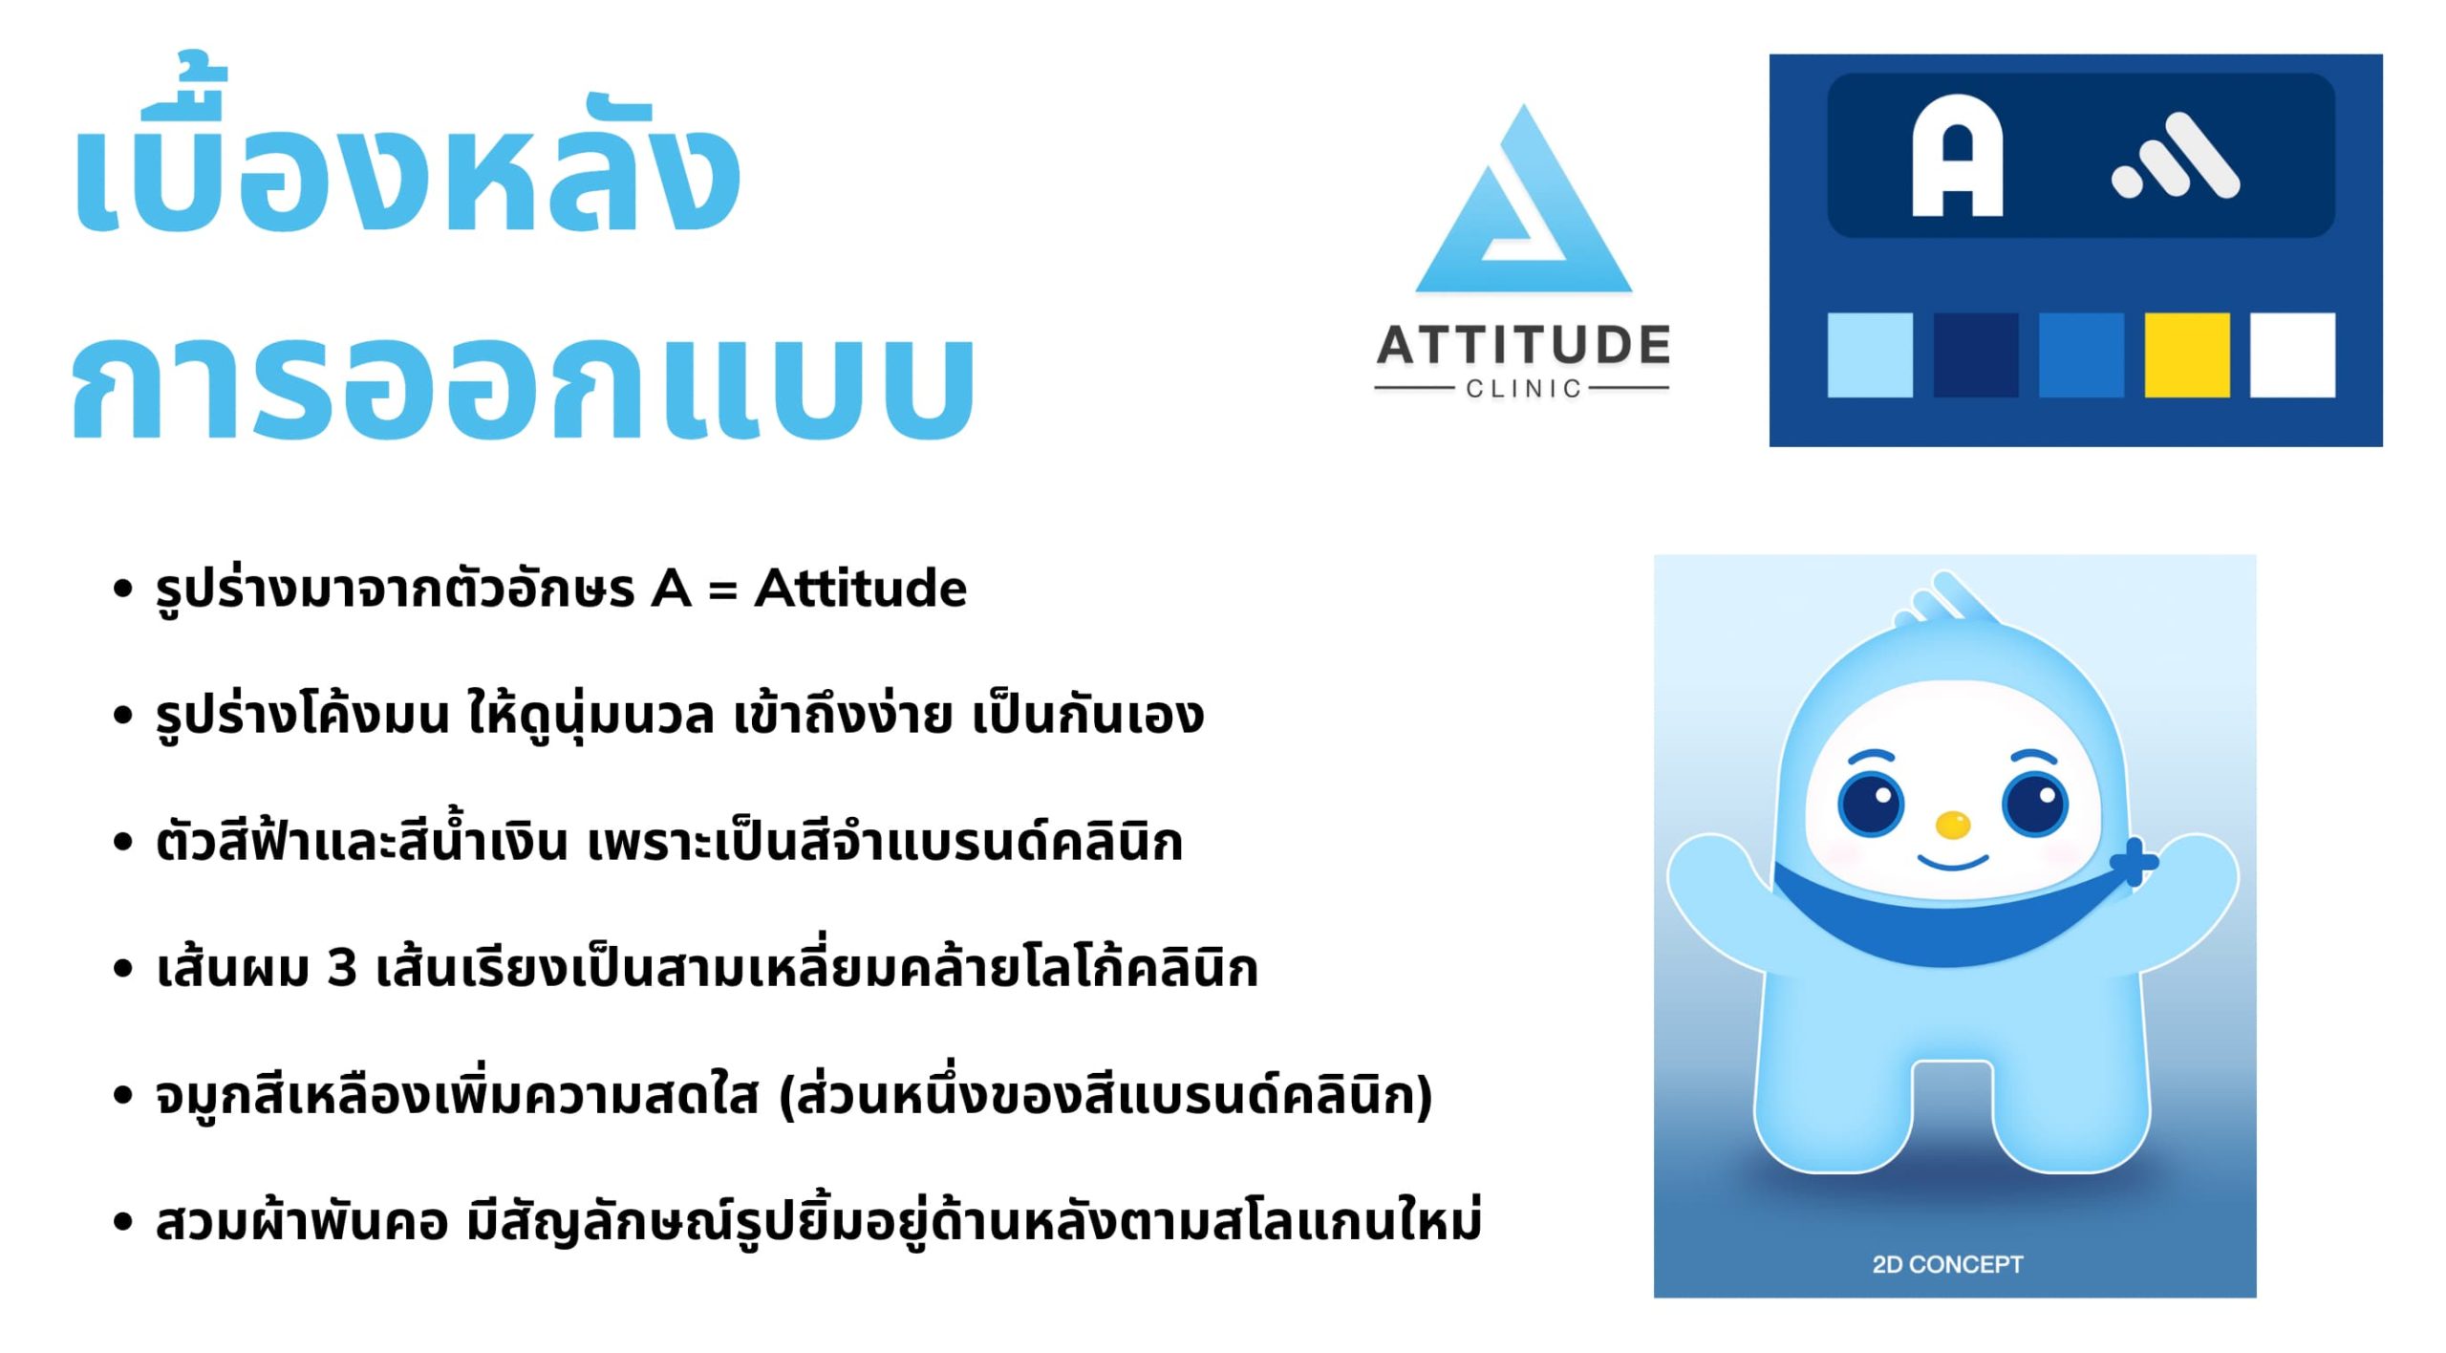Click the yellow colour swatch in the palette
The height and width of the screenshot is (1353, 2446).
click(2186, 354)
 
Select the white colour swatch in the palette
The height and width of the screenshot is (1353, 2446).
click(2292, 354)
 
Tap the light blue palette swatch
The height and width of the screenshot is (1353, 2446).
click(1870, 354)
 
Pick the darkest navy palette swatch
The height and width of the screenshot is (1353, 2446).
click(1976, 354)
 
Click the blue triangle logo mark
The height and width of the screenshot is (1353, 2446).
click(1523, 199)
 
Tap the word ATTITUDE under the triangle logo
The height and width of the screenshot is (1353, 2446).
click(1523, 345)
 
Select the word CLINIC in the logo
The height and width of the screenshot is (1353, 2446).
click(1523, 389)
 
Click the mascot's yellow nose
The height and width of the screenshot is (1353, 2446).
click(1952, 824)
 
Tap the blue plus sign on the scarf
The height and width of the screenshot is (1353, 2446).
click(2133, 863)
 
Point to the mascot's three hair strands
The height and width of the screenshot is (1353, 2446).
click(1949, 600)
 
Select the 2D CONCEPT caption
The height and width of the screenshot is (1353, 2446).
click(1947, 1264)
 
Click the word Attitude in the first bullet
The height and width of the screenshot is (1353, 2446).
click(860, 588)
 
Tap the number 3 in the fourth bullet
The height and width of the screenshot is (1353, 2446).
click(341, 967)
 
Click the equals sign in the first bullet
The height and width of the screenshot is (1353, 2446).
click(722, 590)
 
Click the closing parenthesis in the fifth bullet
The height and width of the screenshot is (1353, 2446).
click(1424, 1095)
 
